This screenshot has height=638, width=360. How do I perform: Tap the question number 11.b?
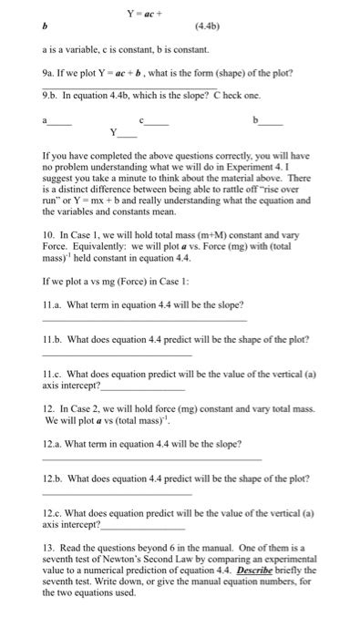click(54, 339)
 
